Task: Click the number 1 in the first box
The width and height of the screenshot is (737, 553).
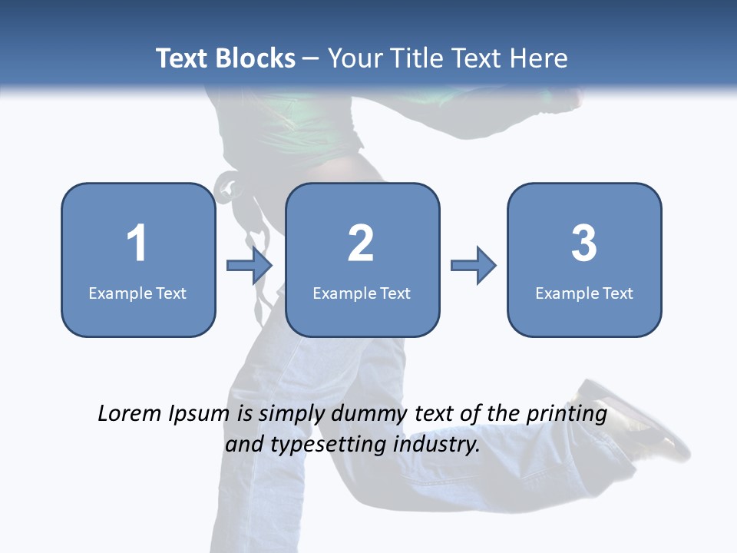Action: coord(137,243)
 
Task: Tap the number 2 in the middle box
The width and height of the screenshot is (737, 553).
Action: coord(361,243)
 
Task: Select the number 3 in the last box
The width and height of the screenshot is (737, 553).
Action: coord(584,243)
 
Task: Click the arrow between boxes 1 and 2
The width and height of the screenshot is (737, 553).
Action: coord(250,266)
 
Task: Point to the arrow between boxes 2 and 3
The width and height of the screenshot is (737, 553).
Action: coord(474,266)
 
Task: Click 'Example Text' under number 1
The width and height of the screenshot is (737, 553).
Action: coord(137,293)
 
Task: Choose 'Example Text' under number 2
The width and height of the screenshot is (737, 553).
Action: coord(362,293)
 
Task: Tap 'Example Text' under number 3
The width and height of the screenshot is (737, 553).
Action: coord(584,293)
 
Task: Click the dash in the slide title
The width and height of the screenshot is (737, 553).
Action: coord(311,58)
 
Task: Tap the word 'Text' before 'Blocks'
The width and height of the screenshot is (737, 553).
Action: coord(183,58)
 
